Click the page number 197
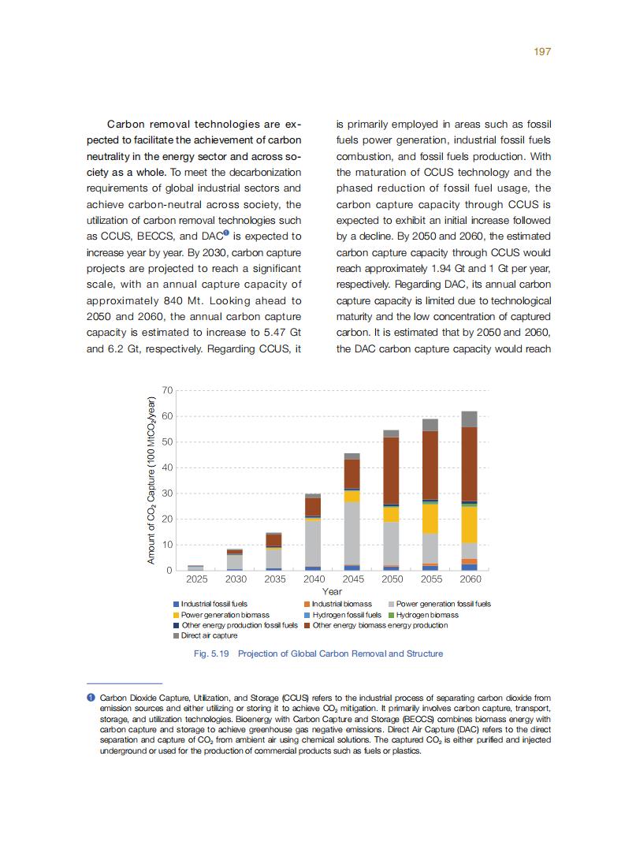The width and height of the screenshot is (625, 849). point(541,51)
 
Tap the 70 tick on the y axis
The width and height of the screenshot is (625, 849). point(167,390)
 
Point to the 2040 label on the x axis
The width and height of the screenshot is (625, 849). point(314,579)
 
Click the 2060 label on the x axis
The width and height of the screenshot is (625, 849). point(470,579)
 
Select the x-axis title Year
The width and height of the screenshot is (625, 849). point(332,591)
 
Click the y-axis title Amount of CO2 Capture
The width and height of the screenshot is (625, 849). point(152,480)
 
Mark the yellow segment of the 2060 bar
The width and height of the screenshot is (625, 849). point(470,524)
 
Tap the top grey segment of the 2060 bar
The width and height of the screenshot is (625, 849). point(470,419)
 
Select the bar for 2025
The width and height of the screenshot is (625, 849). point(196,568)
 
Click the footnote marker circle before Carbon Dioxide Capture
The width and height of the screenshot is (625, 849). point(91,698)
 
